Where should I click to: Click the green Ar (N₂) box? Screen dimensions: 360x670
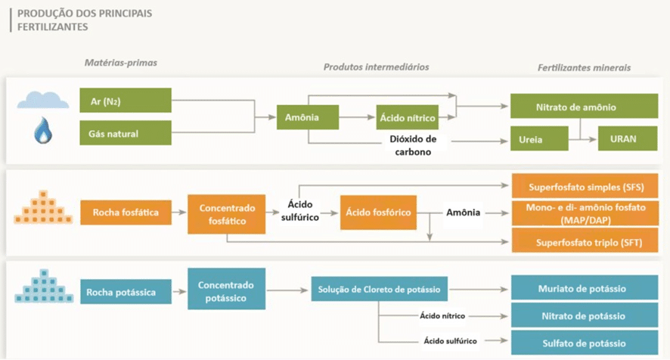(126, 101)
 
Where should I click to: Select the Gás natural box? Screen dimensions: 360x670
(126, 134)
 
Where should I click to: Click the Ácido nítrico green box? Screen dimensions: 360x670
(408, 117)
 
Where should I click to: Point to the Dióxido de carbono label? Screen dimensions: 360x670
(413, 145)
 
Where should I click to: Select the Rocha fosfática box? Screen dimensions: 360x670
(126, 213)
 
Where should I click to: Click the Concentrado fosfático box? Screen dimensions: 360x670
(227, 213)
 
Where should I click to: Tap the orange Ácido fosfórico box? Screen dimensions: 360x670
(378, 213)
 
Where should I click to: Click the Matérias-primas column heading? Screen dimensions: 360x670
(121, 63)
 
